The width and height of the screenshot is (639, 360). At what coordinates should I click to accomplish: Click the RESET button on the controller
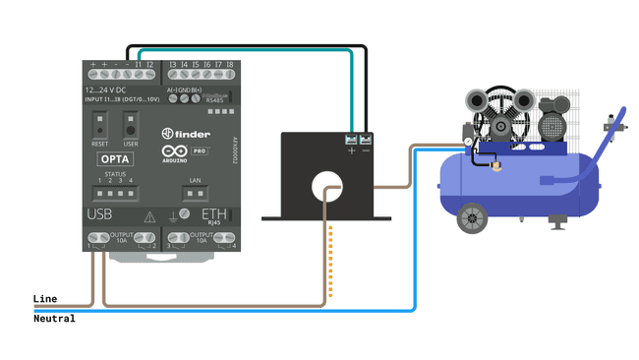[100, 127]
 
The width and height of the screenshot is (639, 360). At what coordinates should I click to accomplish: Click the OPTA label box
[117, 156]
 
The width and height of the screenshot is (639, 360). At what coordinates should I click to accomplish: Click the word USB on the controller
[100, 213]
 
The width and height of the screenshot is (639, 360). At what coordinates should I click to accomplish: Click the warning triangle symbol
[149, 216]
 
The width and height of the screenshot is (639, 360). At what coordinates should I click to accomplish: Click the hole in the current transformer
[326, 184]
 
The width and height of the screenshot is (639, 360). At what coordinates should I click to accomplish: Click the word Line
[45, 298]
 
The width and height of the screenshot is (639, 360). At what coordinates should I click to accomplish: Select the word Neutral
[54, 319]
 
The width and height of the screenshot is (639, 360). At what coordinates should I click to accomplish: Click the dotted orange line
[331, 261]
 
